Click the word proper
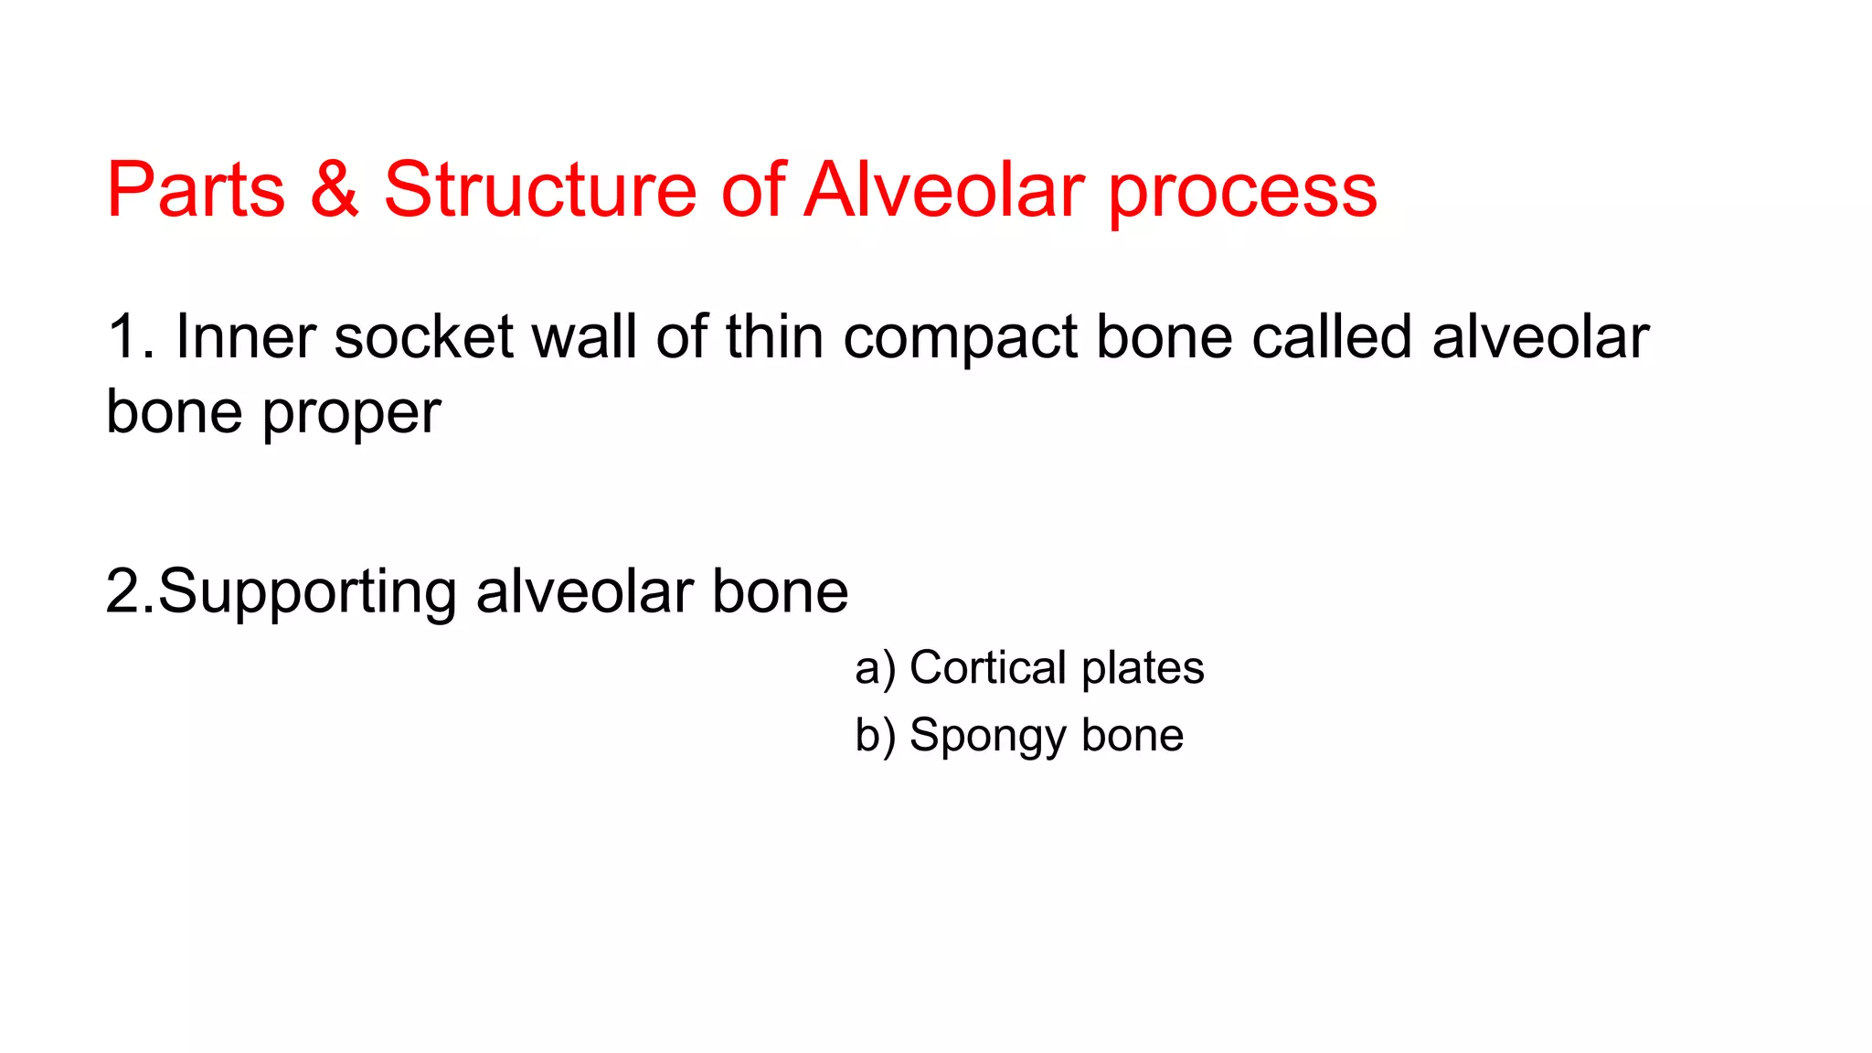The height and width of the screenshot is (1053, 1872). pyautogui.click(x=351, y=415)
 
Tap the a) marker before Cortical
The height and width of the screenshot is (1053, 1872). pyautogui.click(x=875, y=668)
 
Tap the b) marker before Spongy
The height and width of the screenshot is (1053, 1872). pyautogui.click(x=875, y=736)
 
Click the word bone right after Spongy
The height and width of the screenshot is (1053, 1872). pyautogui.click(x=1133, y=735)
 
